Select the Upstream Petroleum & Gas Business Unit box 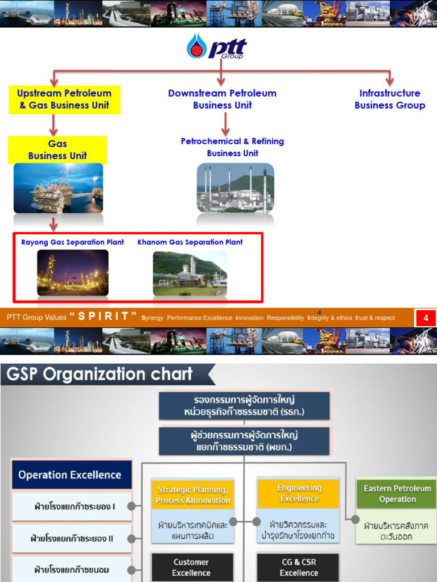(x=64, y=99)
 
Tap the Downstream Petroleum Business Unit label (x=222, y=99)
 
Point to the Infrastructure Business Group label (x=390, y=99)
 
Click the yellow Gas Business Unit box (x=57, y=150)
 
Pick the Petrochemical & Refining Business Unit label (x=232, y=147)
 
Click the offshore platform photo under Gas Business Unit (x=58, y=188)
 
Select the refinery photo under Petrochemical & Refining (x=235, y=188)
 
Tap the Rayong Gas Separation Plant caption (x=72, y=242)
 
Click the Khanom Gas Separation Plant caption (x=190, y=242)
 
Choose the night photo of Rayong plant (x=72, y=273)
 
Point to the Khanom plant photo (x=190, y=273)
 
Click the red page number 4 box (x=426, y=318)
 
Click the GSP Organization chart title (x=100, y=375)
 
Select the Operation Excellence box (x=70, y=475)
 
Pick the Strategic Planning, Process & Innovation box (x=192, y=494)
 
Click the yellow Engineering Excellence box (x=299, y=493)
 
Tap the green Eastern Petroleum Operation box (x=397, y=493)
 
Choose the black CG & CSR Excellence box (x=299, y=567)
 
